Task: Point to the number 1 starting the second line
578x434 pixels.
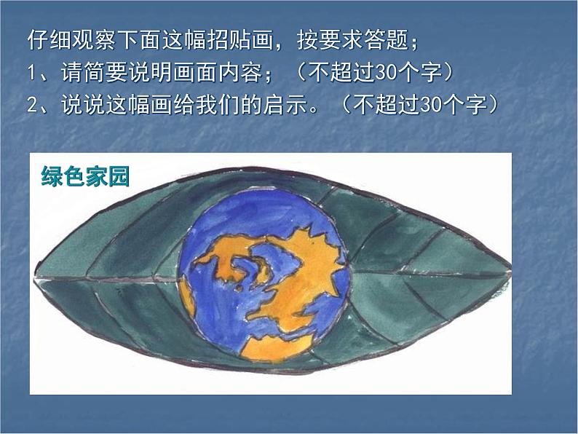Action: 31,74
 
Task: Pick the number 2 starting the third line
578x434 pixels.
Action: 31,106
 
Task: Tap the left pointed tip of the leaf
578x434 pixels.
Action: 36,275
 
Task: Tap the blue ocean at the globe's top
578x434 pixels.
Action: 255,215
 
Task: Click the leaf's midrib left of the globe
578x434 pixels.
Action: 109,278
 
